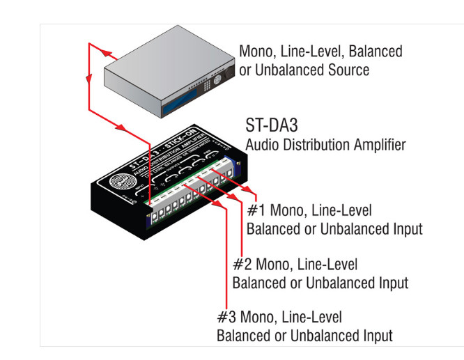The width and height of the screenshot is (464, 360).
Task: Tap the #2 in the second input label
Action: pyautogui.click(x=240, y=265)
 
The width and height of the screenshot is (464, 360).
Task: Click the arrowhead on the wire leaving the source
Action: pyautogui.click(x=105, y=53)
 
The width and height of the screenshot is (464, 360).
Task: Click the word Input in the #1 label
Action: pyautogui.click(x=404, y=228)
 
